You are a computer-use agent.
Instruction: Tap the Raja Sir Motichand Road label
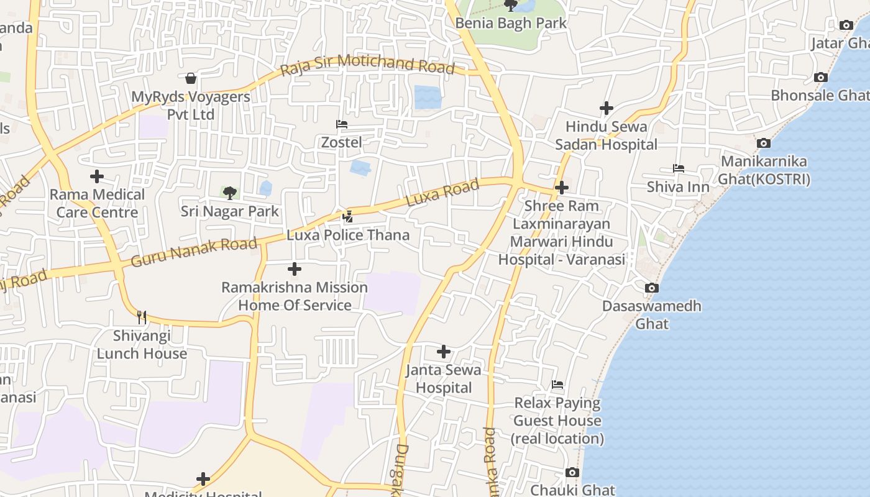click(x=367, y=65)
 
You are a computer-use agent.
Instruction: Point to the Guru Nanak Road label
click(x=193, y=252)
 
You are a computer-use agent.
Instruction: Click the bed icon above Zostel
click(x=341, y=124)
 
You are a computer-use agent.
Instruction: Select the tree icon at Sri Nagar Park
click(x=230, y=193)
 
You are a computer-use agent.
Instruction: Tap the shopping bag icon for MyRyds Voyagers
click(x=191, y=78)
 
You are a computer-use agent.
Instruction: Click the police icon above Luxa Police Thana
click(x=348, y=217)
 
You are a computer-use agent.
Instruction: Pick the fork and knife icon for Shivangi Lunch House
click(x=142, y=317)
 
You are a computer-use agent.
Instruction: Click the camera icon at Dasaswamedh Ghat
click(x=652, y=288)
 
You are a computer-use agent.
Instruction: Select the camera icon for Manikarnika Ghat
click(x=764, y=143)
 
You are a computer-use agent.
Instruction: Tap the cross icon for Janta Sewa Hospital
click(x=444, y=352)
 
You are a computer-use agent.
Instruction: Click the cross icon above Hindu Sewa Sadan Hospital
click(x=607, y=108)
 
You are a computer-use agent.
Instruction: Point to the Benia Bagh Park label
click(x=511, y=24)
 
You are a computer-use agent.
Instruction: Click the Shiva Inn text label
click(x=678, y=187)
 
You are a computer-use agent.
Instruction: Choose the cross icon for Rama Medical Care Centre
click(x=97, y=176)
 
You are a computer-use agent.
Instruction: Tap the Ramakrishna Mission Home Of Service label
click(x=295, y=296)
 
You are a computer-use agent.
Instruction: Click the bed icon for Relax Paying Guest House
click(x=557, y=385)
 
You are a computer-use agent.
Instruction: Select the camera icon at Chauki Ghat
click(x=572, y=473)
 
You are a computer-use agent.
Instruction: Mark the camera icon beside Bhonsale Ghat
click(x=821, y=78)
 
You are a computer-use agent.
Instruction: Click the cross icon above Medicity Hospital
click(x=203, y=479)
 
